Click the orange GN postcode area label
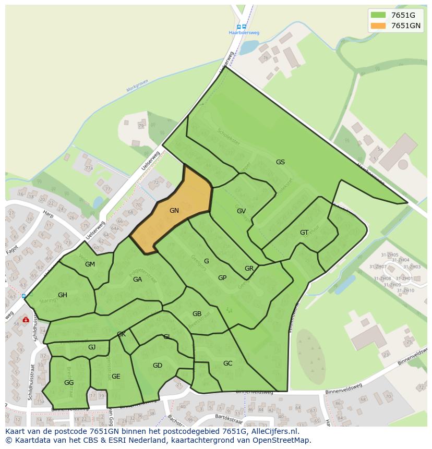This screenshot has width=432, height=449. [x=174, y=211]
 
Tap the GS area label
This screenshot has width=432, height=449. [x=280, y=162]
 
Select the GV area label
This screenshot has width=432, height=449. [x=241, y=211]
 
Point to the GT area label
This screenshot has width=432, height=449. [x=304, y=233]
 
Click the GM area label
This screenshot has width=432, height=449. [x=90, y=264]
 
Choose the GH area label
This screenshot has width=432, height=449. [x=63, y=295]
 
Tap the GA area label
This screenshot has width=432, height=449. [x=137, y=280]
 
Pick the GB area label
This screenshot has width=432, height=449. [x=197, y=314]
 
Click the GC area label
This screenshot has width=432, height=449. [x=227, y=363]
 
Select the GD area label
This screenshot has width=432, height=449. [x=158, y=366]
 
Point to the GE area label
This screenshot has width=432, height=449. [x=116, y=377]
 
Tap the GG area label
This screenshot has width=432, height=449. [x=69, y=383]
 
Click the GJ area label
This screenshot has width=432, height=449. [x=92, y=347]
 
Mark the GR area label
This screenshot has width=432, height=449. [x=249, y=269]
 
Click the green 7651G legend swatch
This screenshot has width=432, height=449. [x=378, y=15]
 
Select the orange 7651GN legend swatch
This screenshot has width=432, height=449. [x=378, y=26]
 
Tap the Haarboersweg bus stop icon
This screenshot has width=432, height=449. [x=242, y=27]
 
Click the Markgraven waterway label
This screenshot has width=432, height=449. [x=138, y=86]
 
